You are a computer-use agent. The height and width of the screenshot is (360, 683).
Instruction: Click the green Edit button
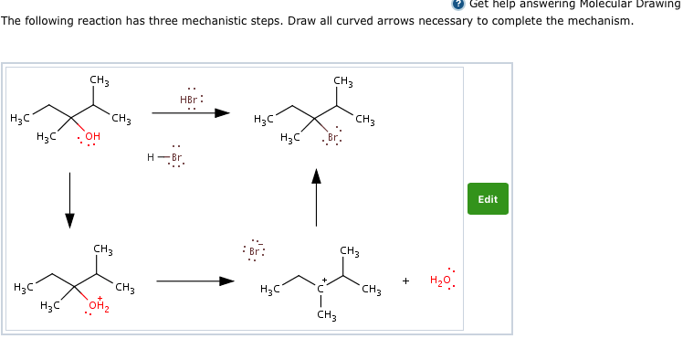pyautogui.click(x=488, y=199)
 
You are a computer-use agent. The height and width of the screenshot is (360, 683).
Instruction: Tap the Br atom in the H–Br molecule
pyautogui.click(x=176, y=157)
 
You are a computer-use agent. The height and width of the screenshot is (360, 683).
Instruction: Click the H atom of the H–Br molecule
pyautogui.click(x=151, y=157)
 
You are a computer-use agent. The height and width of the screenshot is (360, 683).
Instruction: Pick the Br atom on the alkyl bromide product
pyautogui.click(x=333, y=138)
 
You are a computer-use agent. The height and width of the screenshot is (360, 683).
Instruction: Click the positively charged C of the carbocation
pyautogui.click(x=320, y=289)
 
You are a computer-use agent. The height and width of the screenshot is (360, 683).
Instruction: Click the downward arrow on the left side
pyautogui.click(x=70, y=199)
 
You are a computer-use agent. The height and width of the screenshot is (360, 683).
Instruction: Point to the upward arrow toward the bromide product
pyautogui.click(x=317, y=196)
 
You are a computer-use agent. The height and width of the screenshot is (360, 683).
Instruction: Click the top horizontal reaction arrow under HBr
pyautogui.click(x=191, y=113)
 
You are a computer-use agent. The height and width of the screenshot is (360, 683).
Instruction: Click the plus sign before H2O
pyautogui.click(x=405, y=281)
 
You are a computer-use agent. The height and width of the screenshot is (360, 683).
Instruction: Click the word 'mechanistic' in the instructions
pyautogui.click(x=205, y=20)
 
